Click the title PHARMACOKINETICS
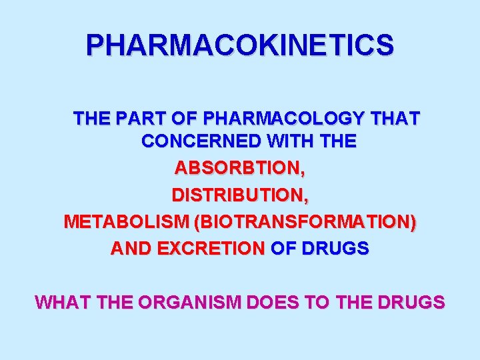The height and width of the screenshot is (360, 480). (x=240, y=45)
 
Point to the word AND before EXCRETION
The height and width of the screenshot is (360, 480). (x=131, y=249)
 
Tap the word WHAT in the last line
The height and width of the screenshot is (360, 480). (x=63, y=303)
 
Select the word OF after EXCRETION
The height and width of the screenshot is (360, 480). (x=283, y=249)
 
